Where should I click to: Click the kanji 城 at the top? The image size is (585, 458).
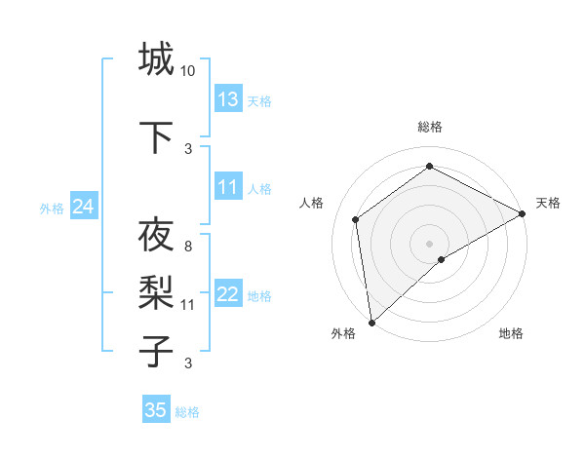coord(156,60)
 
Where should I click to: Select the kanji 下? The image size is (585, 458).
coord(156,135)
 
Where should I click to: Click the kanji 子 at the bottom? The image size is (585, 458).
coord(156,349)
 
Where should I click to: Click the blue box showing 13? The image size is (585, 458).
coord(228,99)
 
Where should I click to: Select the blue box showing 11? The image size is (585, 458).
coord(228,187)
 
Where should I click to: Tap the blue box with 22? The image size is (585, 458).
coord(228,295)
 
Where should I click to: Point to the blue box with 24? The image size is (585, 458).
coord(83,207)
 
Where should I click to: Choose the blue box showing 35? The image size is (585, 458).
coord(156,410)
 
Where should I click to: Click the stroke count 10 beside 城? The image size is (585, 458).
coord(188,71)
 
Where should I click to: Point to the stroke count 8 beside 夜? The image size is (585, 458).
coord(188,246)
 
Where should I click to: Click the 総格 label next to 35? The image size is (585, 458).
coord(187,412)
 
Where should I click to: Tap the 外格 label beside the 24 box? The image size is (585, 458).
coord(52,208)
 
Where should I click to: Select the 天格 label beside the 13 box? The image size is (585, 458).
coord(258,101)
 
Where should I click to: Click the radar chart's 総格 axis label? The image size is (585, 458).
coord(429,127)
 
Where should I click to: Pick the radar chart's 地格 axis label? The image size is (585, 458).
coord(511,334)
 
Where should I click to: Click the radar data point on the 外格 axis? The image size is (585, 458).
coord(371,322)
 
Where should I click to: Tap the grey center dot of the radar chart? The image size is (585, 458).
coord(429,243)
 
